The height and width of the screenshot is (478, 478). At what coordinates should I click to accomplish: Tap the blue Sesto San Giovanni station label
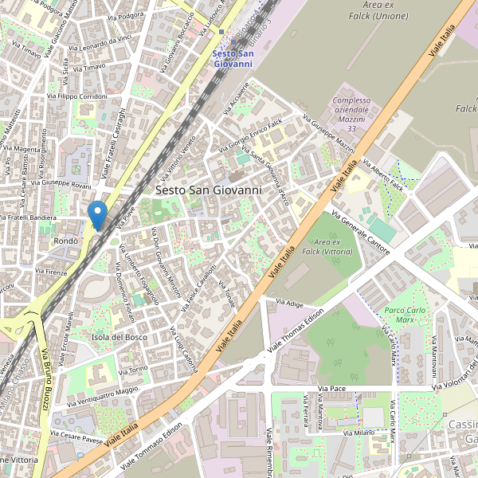tap(238, 58)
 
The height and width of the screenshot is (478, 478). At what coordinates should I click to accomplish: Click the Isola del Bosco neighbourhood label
tap(120, 338)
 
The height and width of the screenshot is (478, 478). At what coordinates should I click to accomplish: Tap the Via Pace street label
tap(331, 388)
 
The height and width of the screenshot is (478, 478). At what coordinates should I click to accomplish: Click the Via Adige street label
tap(289, 304)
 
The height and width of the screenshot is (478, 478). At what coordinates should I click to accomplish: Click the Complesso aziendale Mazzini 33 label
tap(352, 114)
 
